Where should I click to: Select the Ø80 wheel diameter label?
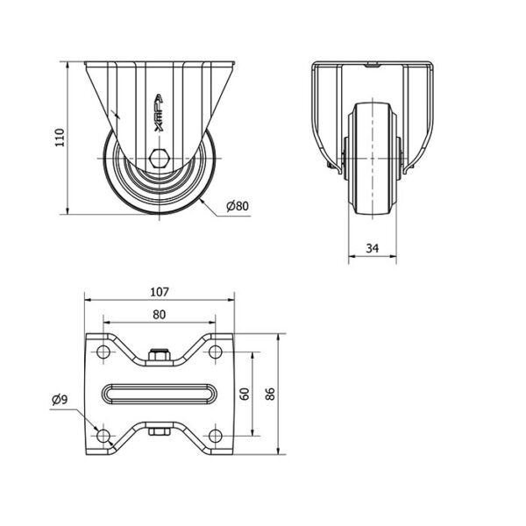(x=238, y=206)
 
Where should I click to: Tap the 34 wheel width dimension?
(x=372, y=248)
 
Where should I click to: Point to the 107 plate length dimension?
(x=159, y=292)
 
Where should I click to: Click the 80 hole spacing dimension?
(x=159, y=313)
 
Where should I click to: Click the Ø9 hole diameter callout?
(x=59, y=401)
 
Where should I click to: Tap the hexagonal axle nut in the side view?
(x=160, y=160)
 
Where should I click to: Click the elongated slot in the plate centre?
(x=159, y=394)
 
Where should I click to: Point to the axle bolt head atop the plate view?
(x=159, y=356)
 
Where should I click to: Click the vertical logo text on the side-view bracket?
(x=158, y=114)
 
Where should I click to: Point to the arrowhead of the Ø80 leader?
(x=201, y=201)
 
